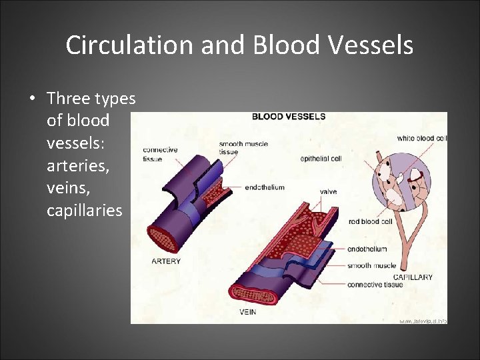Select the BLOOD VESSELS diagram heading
click(288, 117)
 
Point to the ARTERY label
click(165, 261)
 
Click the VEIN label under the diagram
click(247, 311)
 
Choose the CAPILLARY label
click(412, 277)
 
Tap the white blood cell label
click(421, 139)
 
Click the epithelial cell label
click(321, 159)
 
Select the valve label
click(328, 192)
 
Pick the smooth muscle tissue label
click(237, 148)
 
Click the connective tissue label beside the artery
click(160, 155)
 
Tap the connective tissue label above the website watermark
click(375, 285)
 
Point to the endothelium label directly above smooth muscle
click(367, 249)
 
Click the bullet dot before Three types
click(32, 99)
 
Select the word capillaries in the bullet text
click(85, 211)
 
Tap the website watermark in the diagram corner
click(422, 321)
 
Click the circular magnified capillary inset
click(400, 181)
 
